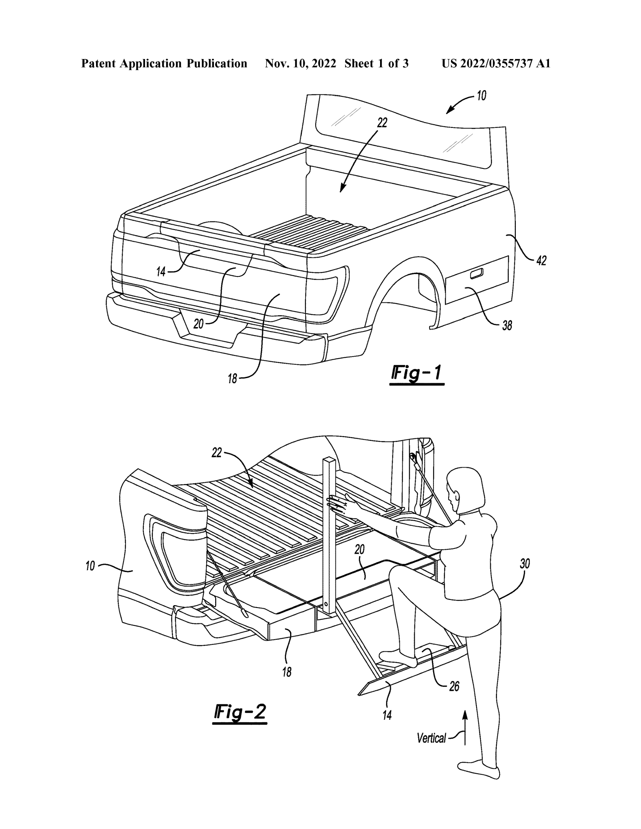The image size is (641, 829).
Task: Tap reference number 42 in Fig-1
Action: pos(541,261)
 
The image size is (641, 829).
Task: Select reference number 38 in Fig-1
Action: pos(507,325)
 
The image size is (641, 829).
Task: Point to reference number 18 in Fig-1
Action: pos(232,379)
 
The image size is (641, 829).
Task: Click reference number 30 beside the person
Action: pos(525,564)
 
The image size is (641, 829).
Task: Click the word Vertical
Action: pos(431,738)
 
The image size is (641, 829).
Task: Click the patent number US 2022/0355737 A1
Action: pos(496,64)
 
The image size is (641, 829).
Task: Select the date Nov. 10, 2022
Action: pos(300,64)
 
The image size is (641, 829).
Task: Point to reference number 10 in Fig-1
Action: pos(481,96)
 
